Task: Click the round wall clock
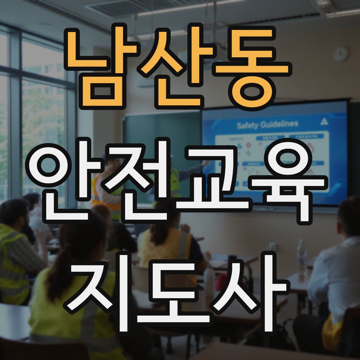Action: click(x=340, y=54)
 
